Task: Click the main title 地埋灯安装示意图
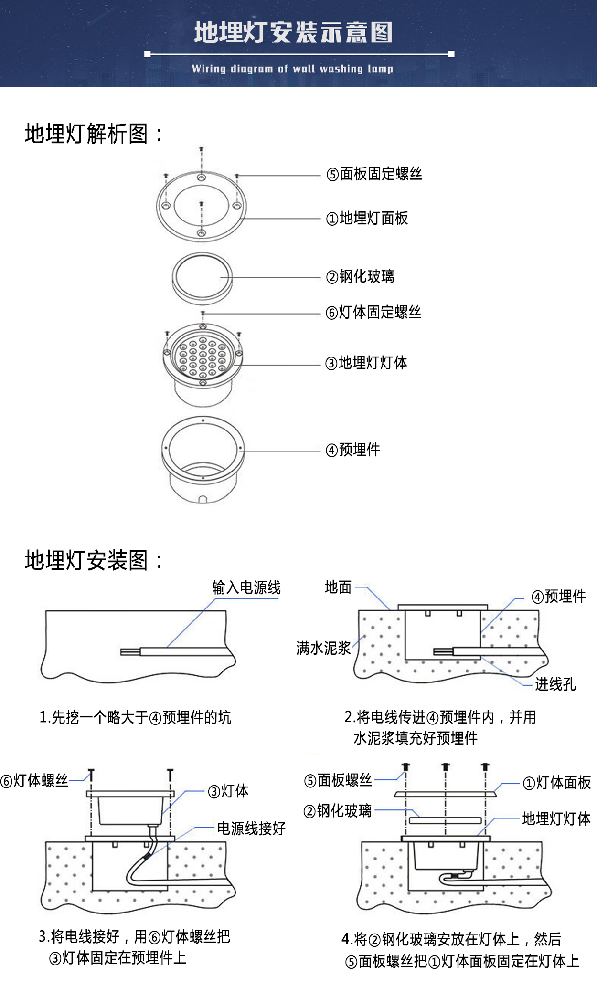(x=293, y=33)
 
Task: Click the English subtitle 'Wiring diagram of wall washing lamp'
(x=292, y=69)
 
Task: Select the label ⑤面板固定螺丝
(x=374, y=174)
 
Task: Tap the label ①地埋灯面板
(x=367, y=219)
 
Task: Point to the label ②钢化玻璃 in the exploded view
(x=360, y=277)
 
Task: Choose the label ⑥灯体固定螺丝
(x=373, y=313)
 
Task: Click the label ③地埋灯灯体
(x=366, y=363)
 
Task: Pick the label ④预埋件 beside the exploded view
(x=353, y=450)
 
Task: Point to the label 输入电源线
(x=246, y=587)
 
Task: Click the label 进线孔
(x=555, y=684)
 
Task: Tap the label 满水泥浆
(x=323, y=648)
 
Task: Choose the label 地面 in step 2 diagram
(x=338, y=587)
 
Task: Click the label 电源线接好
(x=251, y=829)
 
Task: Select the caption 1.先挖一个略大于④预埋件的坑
(x=135, y=717)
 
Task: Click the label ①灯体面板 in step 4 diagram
(x=557, y=783)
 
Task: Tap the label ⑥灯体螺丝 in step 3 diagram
(x=34, y=781)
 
